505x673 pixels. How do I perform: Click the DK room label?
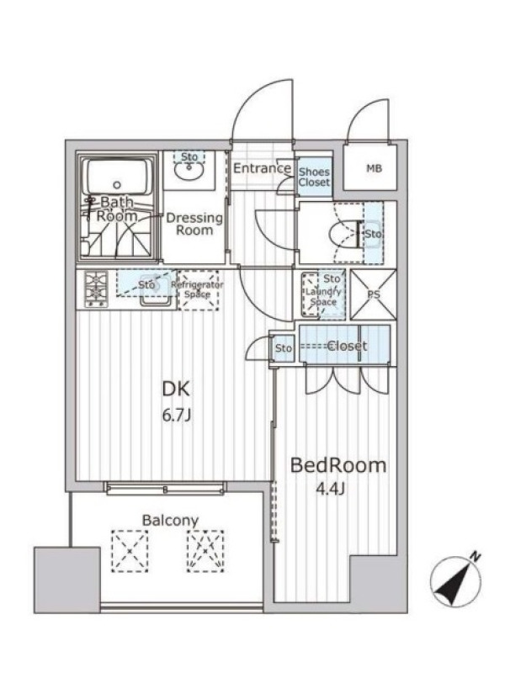pos(175,389)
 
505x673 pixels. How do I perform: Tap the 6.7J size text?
pos(176,416)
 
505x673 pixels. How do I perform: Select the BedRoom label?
pos(338,465)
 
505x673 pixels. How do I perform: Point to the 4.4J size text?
pos(331,489)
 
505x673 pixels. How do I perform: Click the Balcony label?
pos(171,521)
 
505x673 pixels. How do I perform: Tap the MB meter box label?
pos(374,169)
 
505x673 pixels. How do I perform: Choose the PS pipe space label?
pos(374,295)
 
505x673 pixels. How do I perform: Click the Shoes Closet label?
pos(314,177)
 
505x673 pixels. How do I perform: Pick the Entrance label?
pos(262,167)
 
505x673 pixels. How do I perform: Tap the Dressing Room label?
pos(194,224)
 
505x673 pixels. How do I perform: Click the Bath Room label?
pos(117,209)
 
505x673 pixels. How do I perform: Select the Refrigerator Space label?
pos(198,289)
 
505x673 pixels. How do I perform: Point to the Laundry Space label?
pos(323,297)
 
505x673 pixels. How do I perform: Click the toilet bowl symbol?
pos(343,234)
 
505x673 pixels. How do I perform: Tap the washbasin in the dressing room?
pos(189,172)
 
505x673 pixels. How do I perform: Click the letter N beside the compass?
pos(475,558)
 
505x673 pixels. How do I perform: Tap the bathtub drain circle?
pos(117,185)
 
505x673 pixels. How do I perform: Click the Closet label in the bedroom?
pos(347,346)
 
